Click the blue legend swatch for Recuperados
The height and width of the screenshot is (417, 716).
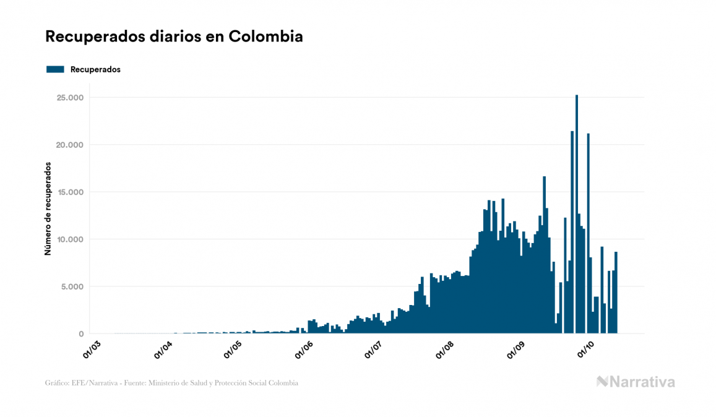(x=55, y=69)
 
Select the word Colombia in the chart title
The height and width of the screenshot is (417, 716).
(x=265, y=37)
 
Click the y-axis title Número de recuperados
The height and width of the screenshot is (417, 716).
(x=48, y=209)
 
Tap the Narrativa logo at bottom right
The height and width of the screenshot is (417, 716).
(x=636, y=382)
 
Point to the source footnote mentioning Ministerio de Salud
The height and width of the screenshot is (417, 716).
(x=171, y=383)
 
